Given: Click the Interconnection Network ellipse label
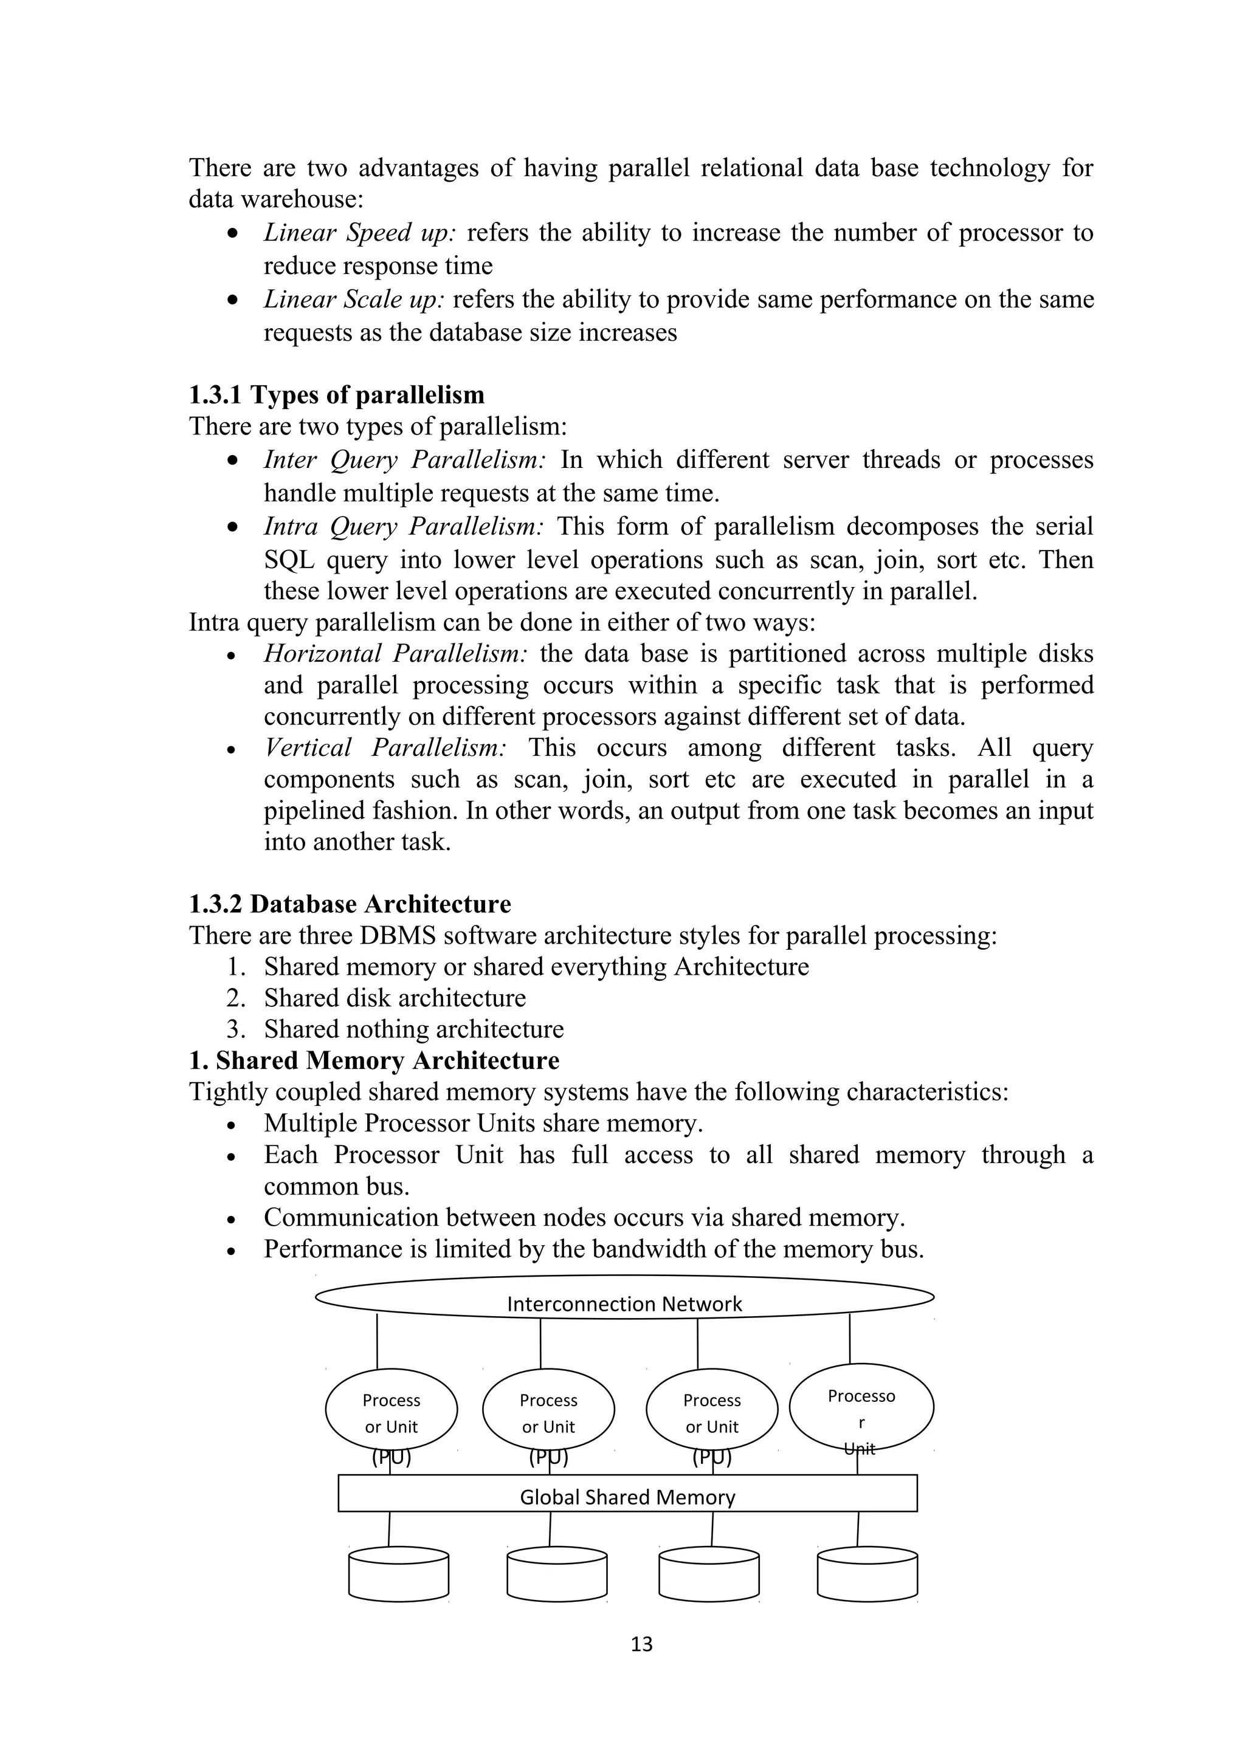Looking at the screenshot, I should tap(624, 1304).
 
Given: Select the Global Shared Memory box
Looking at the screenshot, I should tap(627, 1497).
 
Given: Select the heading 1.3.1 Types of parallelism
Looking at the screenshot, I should tap(337, 395).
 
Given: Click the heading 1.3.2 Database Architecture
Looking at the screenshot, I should tap(350, 904).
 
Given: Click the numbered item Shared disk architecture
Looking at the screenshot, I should tap(395, 998).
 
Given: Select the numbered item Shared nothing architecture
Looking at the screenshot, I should tap(413, 1029).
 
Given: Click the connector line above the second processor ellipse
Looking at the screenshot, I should tap(541, 1343).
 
